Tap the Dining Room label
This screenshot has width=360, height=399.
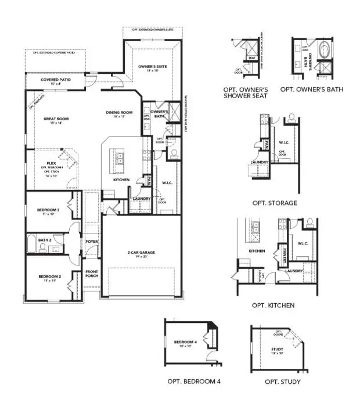pyautogui.click(x=120, y=113)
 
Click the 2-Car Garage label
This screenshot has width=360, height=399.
pyautogui.click(x=141, y=253)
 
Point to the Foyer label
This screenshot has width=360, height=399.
pyautogui.click(x=92, y=241)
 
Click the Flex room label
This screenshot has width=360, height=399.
pyautogui.click(x=51, y=164)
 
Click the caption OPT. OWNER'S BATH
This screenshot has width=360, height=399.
pyautogui.click(x=311, y=89)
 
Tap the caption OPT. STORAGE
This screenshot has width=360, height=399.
pyautogui.click(x=275, y=203)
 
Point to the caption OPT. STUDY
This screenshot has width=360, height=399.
pyautogui.click(x=283, y=382)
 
